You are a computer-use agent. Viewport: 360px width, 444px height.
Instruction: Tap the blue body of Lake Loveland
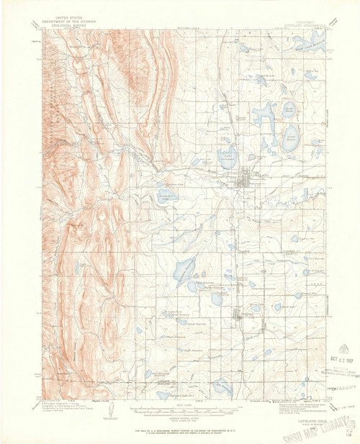[x=228, y=156]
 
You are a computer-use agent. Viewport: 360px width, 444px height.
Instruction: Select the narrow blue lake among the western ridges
[x=77, y=268]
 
